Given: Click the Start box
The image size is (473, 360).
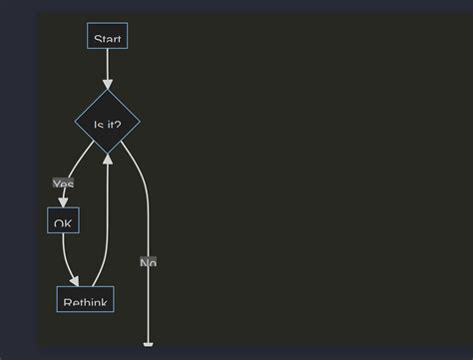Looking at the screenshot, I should click(107, 36).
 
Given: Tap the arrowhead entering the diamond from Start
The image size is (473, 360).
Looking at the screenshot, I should click(107, 85).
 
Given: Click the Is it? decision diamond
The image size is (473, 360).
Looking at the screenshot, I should click(107, 123).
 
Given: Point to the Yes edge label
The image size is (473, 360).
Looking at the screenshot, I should click(63, 184).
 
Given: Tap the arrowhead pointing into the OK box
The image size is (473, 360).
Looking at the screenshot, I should click(63, 201).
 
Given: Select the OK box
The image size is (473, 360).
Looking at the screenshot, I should click(63, 220).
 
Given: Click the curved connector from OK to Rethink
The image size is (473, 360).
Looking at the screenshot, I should click(66, 258).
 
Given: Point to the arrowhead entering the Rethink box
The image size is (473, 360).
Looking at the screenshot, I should click(74, 281).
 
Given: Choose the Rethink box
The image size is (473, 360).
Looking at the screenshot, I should click(85, 299).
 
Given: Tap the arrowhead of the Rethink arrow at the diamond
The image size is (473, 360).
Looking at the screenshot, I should click(107, 161).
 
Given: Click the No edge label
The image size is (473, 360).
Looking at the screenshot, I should click(148, 262).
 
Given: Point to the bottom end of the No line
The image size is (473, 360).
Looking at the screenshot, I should click(148, 344).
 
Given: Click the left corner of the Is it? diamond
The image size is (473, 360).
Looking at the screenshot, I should click(76, 123).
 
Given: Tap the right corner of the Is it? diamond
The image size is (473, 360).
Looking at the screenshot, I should click(140, 123).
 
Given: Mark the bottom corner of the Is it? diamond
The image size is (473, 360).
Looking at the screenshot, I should click(107, 155).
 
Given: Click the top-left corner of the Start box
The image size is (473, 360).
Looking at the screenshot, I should click(88, 24).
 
